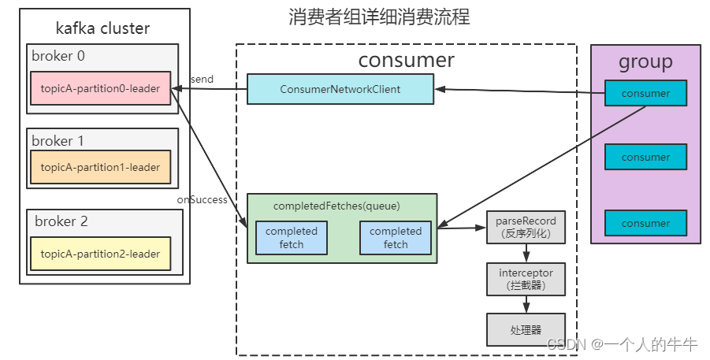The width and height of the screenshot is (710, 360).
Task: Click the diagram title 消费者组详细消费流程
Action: pyautogui.click(x=379, y=17)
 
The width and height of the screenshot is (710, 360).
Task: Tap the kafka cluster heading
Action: pyautogui.click(x=102, y=29)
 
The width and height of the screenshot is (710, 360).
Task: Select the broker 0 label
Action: pyautogui.click(x=58, y=56)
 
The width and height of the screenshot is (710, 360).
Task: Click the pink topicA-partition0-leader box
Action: pyautogui.click(x=100, y=88)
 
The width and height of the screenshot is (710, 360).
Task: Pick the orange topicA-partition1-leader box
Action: pyautogui.click(x=100, y=167)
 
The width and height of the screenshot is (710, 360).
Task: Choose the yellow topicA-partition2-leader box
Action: pyautogui.click(x=100, y=254)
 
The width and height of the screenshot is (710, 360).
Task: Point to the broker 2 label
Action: pyautogui.click(x=61, y=221)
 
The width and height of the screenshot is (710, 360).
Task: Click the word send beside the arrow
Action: pyautogui.click(x=202, y=80)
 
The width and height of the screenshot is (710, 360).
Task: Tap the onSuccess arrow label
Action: pyautogui.click(x=202, y=200)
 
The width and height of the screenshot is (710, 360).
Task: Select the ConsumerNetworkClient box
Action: pyautogui.click(x=340, y=89)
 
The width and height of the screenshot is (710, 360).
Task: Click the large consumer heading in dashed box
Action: pyautogui.click(x=406, y=60)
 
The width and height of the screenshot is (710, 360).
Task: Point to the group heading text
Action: pyautogui.click(x=645, y=61)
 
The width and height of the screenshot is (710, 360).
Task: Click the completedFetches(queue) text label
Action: pyautogui.click(x=336, y=206)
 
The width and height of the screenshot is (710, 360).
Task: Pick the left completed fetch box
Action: pyautogui.click(x=291, y=237)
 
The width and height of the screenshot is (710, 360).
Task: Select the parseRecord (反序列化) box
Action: pyautogui.click(x=526, y=227)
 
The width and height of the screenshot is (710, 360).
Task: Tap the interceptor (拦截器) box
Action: pyautogui.click(x=526, y=279)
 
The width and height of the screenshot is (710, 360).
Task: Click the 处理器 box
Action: pyautogui.click(x=526, y=329)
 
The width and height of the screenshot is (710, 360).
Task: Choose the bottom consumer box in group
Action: pyautogui.click(x=645, y=223)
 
